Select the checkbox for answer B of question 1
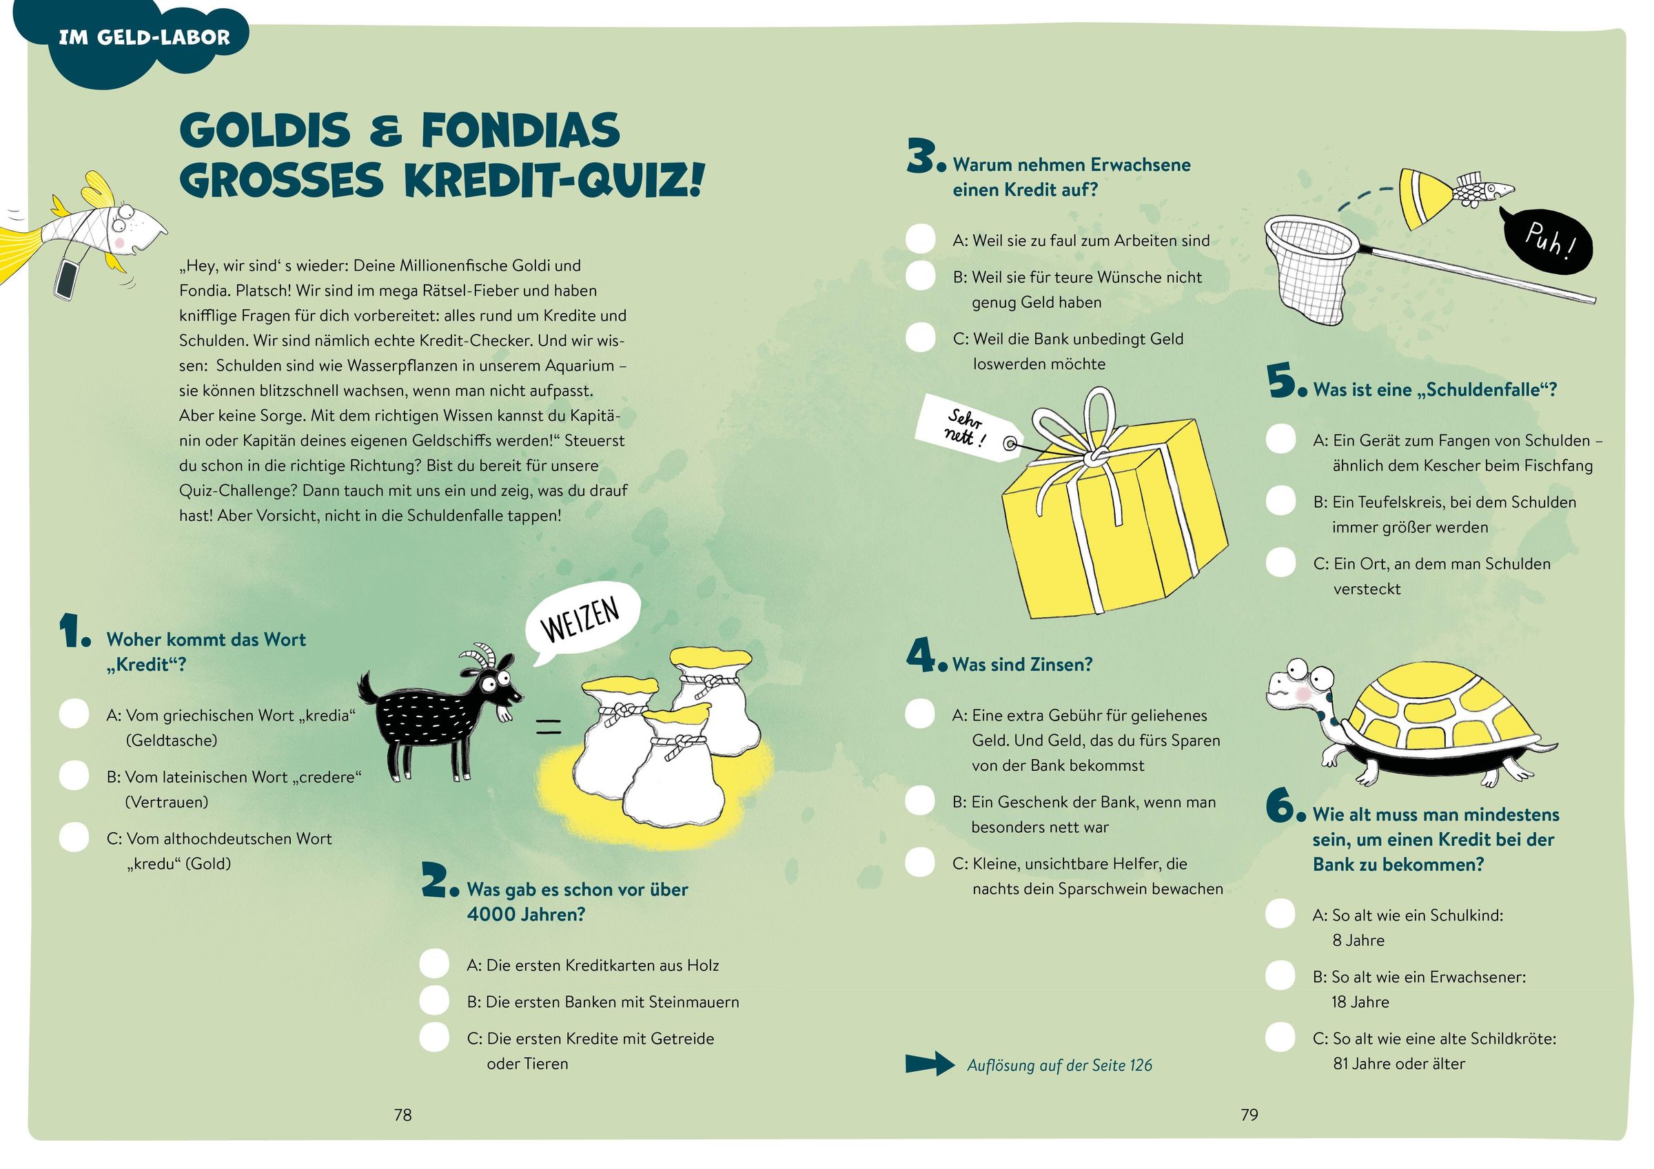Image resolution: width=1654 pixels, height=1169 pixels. click(x=74, y=776)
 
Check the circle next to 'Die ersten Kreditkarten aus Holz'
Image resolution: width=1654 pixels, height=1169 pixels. click(x=434, y=964)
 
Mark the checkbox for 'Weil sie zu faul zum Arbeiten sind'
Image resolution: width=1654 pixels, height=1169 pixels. click(x=920, y=239)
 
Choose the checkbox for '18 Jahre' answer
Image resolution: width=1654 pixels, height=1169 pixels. click(x=1280, y=975)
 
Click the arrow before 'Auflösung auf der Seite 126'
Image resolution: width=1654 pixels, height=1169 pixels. click(x=930, y=1063)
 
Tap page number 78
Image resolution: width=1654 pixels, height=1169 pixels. click(x=402, y=1115)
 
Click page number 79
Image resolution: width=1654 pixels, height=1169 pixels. click(x=1249, y=1115)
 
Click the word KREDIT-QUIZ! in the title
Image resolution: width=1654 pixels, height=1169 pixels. click(x=553, y=180)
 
